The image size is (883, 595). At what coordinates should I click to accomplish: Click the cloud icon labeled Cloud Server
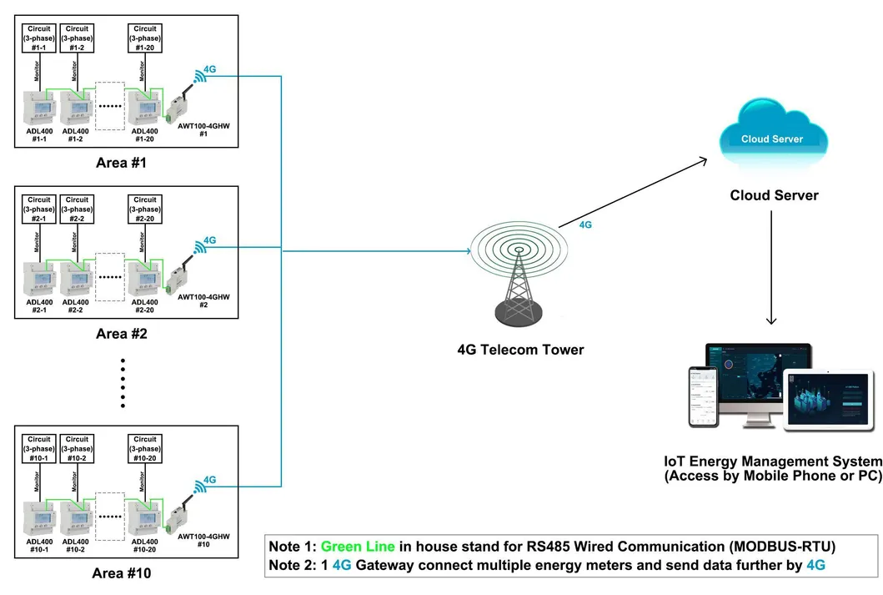772,134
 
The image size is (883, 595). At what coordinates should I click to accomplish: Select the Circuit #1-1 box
39,38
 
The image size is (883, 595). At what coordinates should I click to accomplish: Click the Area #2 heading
122,334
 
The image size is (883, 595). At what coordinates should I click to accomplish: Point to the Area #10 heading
123,573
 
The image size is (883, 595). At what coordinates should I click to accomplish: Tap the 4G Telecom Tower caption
520,350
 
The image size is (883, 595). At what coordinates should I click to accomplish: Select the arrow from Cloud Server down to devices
772,267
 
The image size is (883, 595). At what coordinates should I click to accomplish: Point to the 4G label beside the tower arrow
585,225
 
